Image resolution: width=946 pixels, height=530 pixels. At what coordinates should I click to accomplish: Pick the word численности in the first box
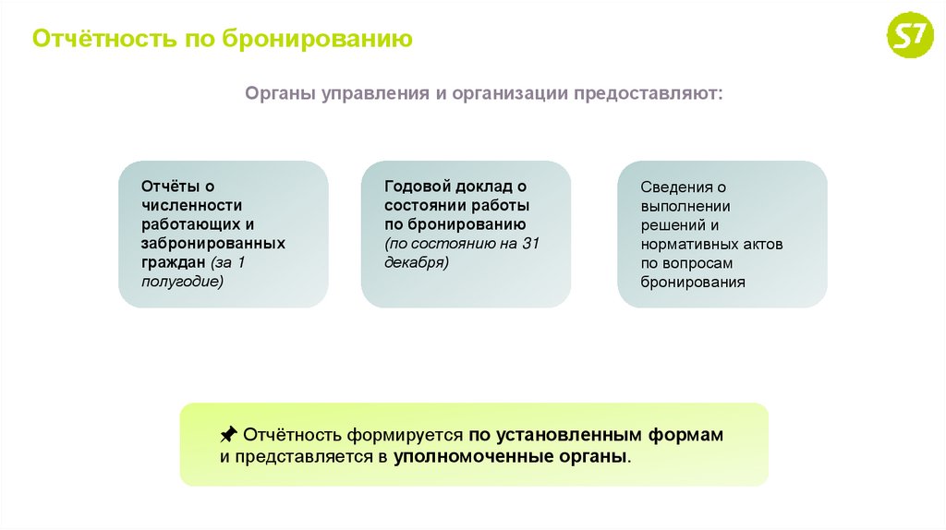tap(192, 206)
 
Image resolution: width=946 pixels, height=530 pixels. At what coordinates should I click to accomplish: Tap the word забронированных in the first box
tap(213, 244)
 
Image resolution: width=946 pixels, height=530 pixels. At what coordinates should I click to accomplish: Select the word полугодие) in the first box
tap(182, 282)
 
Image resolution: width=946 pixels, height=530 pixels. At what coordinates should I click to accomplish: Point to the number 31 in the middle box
tap(530, 244)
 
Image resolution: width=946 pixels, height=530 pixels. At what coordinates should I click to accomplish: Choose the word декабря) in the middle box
tap(417, 262)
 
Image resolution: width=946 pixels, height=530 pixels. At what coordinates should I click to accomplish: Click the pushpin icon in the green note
tap(227, 434)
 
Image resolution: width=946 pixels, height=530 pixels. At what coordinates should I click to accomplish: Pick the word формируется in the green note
tap(405, 435)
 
